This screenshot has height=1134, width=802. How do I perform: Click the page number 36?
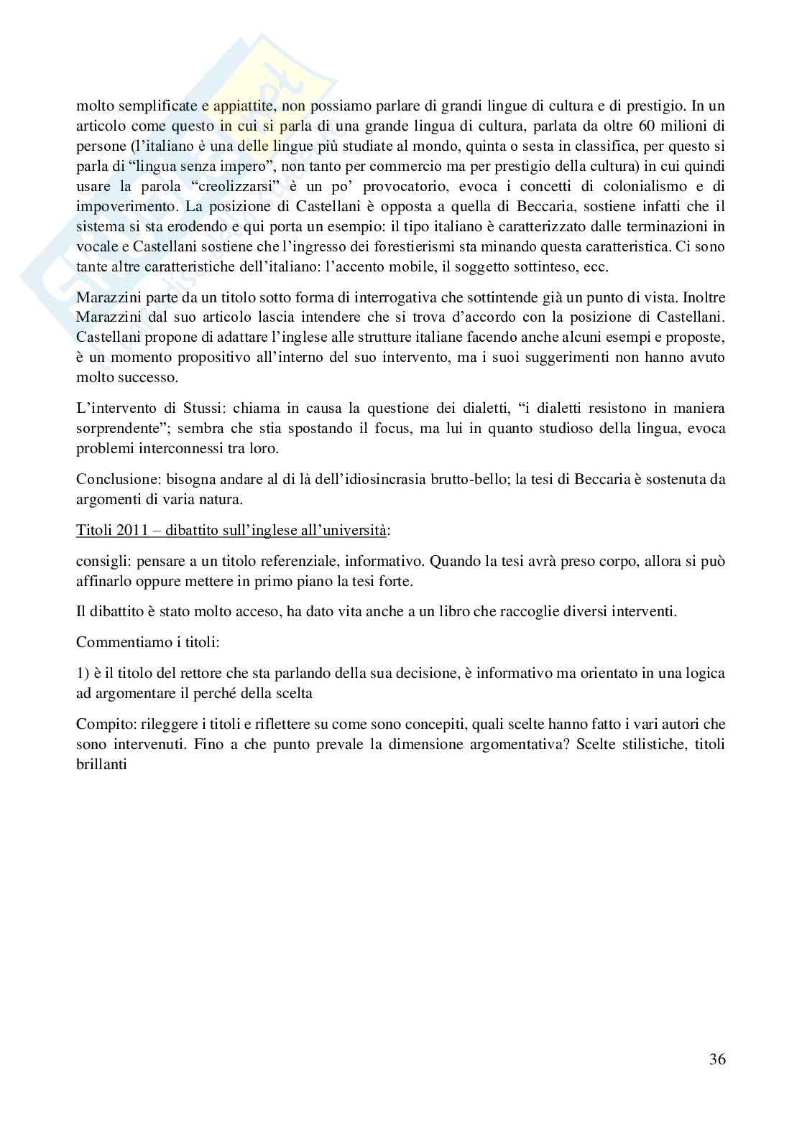(716, 1059)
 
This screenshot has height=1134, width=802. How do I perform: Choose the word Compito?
(99, 724)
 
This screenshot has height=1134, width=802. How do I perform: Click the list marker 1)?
(82, 673)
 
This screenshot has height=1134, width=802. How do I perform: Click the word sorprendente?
(117, 429)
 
